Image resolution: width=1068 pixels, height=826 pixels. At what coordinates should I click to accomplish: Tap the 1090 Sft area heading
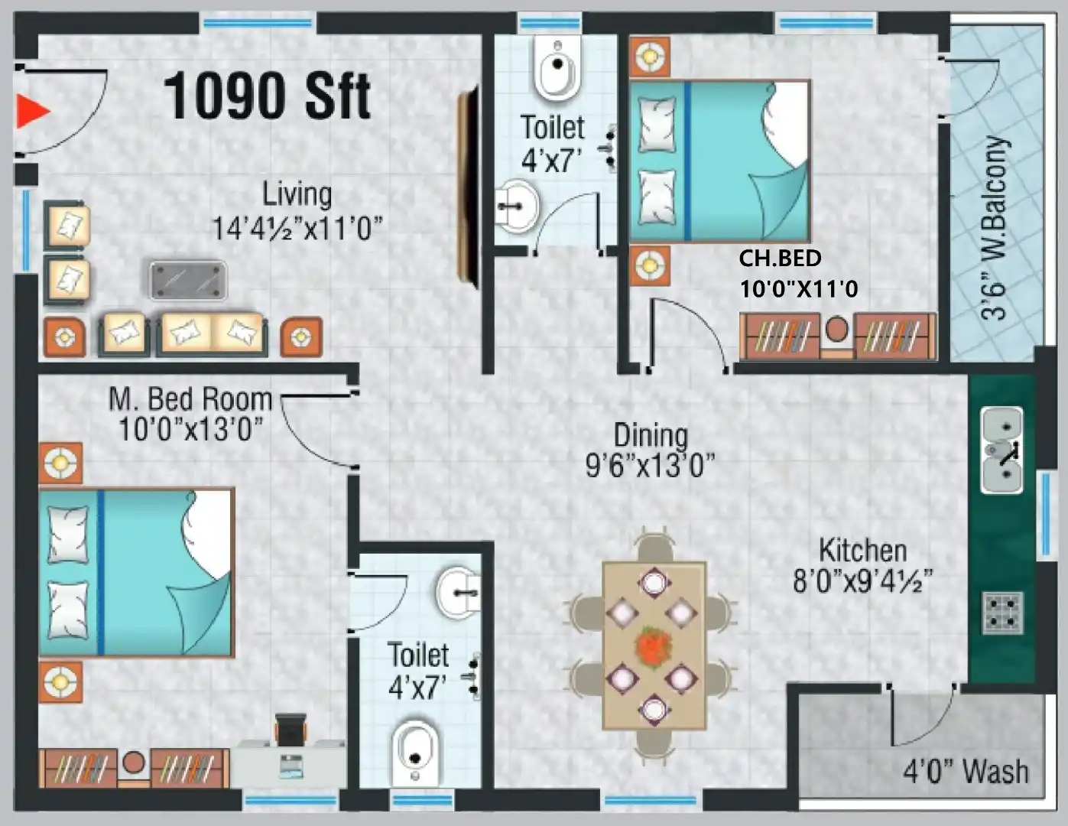coord(267,96)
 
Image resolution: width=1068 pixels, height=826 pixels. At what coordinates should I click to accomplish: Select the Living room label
coord(297,194)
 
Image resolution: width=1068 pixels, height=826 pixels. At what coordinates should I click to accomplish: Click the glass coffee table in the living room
coord(188,280)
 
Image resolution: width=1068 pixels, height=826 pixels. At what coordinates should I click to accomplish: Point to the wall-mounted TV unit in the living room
coord(467,187)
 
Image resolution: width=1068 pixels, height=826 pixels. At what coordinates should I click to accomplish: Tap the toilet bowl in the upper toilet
coord(557,68)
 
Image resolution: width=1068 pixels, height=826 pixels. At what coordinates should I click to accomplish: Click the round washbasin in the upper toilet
coord(517,206)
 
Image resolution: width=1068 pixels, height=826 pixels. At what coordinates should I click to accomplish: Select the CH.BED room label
coord(781,259)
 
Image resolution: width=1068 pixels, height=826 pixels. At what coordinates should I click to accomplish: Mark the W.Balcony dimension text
coord(993,228)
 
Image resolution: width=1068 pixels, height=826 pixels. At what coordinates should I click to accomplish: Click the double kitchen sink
coord(1002,450)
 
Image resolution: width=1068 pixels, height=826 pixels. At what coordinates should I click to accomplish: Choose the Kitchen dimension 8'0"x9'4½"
coord(862,581)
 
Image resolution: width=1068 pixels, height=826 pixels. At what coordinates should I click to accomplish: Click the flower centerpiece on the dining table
coord(654,646)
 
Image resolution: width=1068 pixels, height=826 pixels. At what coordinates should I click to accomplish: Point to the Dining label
coord(651,436)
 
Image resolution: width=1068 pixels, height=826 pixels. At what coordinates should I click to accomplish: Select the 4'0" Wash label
coord(966,771)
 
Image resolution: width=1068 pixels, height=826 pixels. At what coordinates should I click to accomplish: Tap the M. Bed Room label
coord(190,398)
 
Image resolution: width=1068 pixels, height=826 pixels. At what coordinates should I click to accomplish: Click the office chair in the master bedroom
coord(291,729)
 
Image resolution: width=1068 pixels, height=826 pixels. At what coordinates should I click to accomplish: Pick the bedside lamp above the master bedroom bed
coord(60,463)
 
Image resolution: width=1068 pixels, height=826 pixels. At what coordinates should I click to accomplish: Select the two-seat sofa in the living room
coord(213,333)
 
